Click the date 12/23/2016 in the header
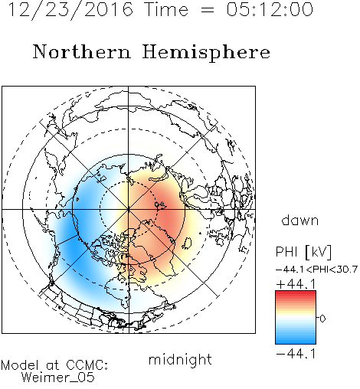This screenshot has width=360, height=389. pyautogui.click(x=70, y=10)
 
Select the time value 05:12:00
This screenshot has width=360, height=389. pyautogui.click(x=270, y=9)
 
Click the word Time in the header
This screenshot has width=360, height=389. pyautogui.click(x=166, y=9)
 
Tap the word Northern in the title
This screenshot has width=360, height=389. pyautogui.click(x=82, y=51)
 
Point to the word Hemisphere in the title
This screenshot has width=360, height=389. pyautogui.click(x=206, y=53)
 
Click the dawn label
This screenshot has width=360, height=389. pyautogui.click(x=300, y=220)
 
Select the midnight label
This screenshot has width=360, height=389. pyautogui.click(x=180, y=359)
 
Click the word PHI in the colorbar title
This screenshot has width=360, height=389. pyautogui.click(x=286, y=252)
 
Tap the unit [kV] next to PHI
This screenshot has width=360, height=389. pyautogui.click(x=318, y=252)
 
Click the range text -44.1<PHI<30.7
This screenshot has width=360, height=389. pyautogui.click(x=316, y=270)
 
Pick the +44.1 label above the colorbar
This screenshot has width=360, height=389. pyautogui.click(x=296, y=284)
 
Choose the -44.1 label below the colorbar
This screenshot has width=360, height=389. pyautogui.click(x=296, y=354)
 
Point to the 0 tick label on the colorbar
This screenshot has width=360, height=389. pyautogui.click(x=322, y=319)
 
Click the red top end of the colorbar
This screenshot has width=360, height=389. pyautogui.click(x=296, y=293)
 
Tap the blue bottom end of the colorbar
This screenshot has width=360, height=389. pyautogui.click(x=296, y=342)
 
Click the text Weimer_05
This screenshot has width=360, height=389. pyautogui.click(x=58, y=378)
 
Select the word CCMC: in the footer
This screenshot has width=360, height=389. pyautogui.click(x=87, y=365)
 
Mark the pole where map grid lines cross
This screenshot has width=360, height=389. pyautogui.click(x=129, y=209)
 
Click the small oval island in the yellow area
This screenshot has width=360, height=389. pyautogui.click(x=187, y=244)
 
